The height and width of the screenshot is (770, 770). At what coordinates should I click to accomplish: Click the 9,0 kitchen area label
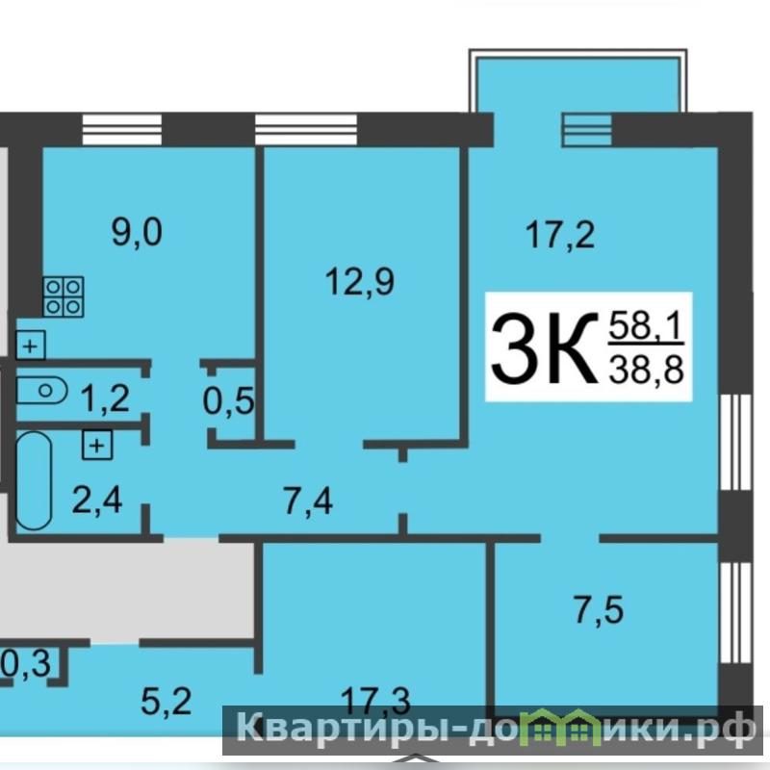(x=137, y=233)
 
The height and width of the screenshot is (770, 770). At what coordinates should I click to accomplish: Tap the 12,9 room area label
(x=360, y=282)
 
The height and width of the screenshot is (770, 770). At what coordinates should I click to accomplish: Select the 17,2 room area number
(x=560, y=235)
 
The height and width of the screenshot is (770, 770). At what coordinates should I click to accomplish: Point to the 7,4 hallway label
(x=308, y=501)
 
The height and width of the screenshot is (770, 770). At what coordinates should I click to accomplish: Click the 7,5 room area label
(x=599, y=610)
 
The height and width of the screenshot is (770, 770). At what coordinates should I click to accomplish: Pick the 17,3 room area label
(x=375, y=702)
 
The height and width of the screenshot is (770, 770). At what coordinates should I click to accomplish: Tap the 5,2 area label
(x=166, y=701)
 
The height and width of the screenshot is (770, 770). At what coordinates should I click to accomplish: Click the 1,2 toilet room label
(x=105, y=398)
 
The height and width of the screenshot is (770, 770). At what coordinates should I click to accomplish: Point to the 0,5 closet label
(x=229, y=400)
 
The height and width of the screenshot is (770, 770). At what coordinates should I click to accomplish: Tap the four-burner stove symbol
(x=64, y=296)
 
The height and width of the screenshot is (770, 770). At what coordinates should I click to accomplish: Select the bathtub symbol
(x=34, y=480)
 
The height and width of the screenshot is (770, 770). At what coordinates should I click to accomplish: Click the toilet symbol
(x=41, y=391)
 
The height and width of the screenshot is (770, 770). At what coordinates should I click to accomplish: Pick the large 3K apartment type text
(x=542, y=348)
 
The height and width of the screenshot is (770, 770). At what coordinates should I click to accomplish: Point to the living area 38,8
(x=646, y=369)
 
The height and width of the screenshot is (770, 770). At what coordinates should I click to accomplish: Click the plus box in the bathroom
(x=97, y=446)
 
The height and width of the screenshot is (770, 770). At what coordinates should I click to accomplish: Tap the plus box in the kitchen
(x=31, y=346)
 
